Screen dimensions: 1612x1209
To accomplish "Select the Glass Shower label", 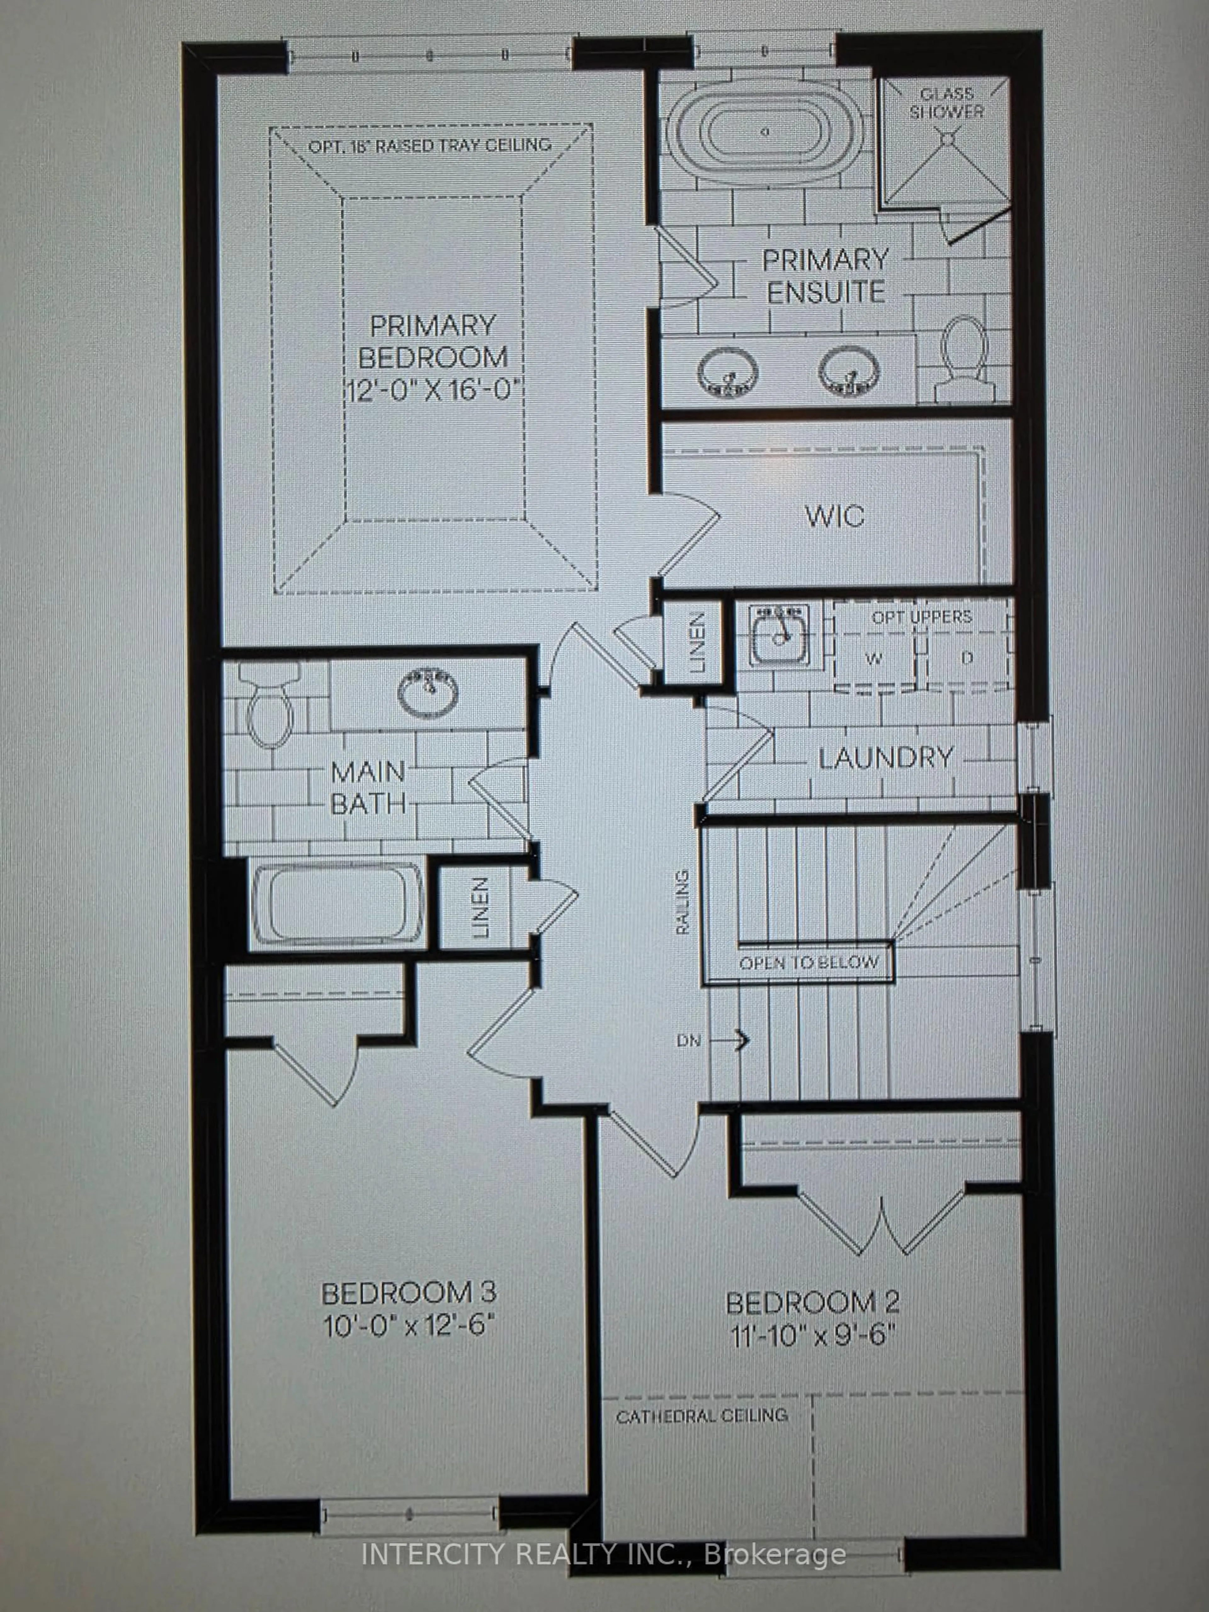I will click(x=946, y=103).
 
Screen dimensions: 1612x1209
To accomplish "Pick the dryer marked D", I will click(x=966, y=658).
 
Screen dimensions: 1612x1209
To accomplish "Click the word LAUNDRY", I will click(x=885, y=758).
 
